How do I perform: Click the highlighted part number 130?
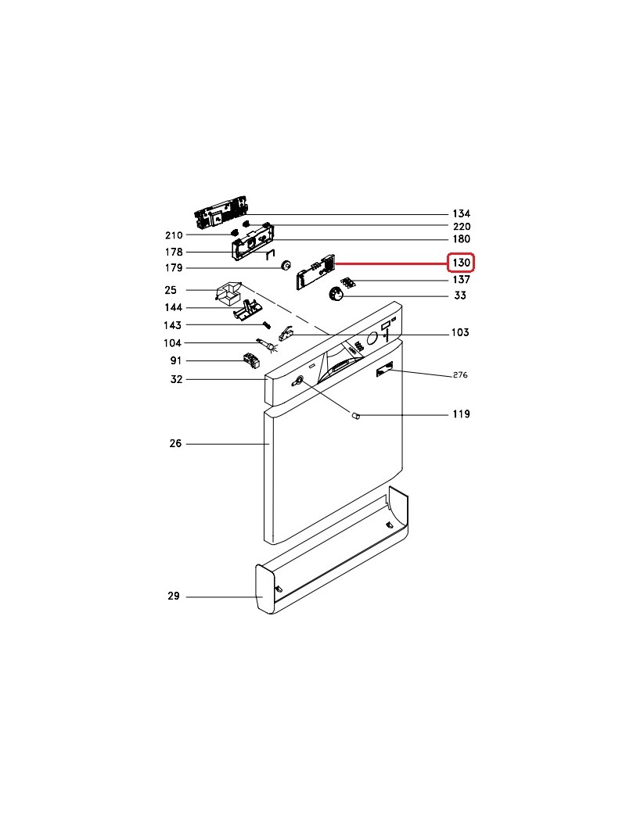461,263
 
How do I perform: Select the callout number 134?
461,213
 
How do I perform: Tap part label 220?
461,227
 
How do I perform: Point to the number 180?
461,239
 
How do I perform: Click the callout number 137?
461,280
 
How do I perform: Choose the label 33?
460,295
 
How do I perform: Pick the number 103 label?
460,332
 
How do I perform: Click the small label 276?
460,375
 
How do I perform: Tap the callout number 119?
461,414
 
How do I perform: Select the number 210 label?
174,235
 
